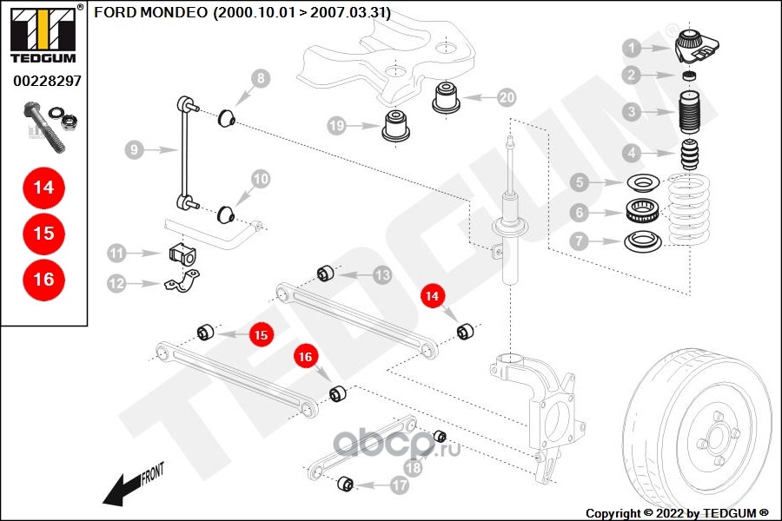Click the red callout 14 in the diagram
pyautogui.click(x=432, y=296)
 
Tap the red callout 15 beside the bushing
pyautogui.click(x=262, y=333)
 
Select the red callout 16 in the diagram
pyautogui.click(x=304, y=355)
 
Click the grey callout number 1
pyautogui.click(x=632, y=49)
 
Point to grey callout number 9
pyautogui.click(x=133, y=150)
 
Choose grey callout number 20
pyautogui.click(x=507, y=96)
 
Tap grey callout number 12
pyautogui.click(x=116, y=283)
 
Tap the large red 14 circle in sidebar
pyautogui.click(x=43, y=187)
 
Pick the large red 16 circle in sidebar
pyautogui.click(x=43, y=279)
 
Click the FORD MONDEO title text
pyautogui.click(x=242, y=13)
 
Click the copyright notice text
pyautogui.click(x=678, y=512)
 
